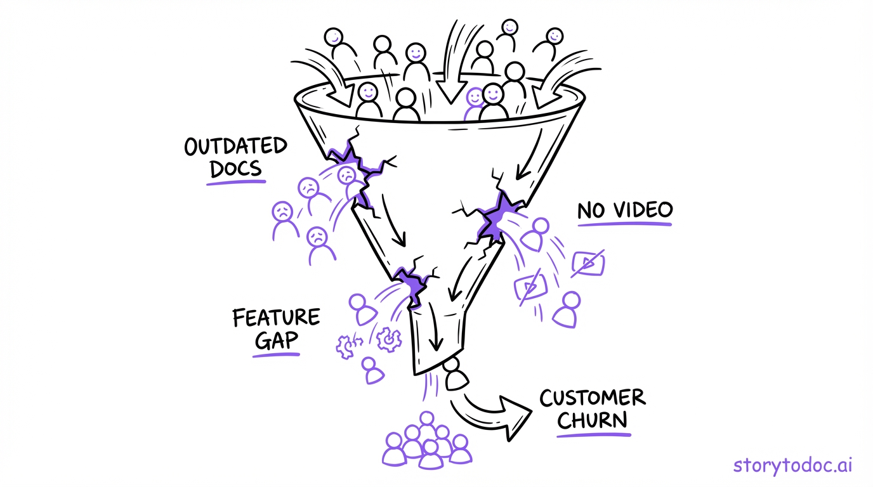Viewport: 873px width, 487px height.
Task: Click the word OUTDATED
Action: (235, 146)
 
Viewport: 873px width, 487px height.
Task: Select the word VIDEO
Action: (641, 211)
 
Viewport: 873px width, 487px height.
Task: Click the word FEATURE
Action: (276, 317)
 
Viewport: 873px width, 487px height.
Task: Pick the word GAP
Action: (276, 341)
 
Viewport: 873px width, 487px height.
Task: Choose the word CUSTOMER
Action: (592, 398)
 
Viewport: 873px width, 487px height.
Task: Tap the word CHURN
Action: (592, 420)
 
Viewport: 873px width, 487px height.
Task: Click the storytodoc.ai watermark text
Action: (793, 465)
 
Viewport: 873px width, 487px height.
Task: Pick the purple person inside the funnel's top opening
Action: (474, 104)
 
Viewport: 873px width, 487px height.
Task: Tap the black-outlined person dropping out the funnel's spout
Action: (456, 375)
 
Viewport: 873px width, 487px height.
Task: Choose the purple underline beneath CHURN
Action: (594, 436)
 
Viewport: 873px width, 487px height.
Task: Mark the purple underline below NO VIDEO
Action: (624, 224)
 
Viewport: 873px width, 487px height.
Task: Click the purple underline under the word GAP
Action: (276, 354)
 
